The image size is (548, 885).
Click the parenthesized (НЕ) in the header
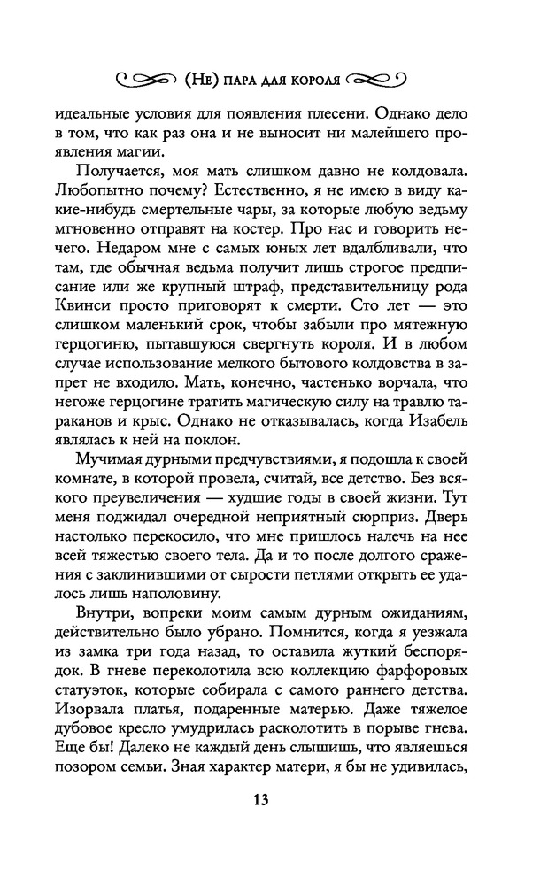(x=201, y=77)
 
